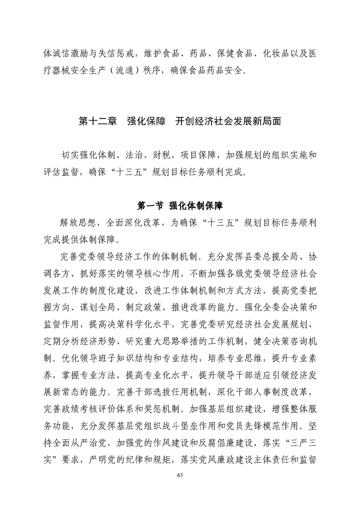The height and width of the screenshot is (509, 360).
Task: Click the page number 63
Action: [180, 475]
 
